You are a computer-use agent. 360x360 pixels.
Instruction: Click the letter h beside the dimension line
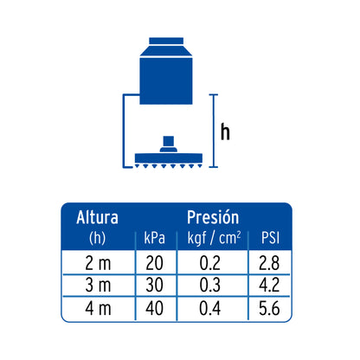coord(225,132)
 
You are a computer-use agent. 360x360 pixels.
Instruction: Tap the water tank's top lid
coord(166,41)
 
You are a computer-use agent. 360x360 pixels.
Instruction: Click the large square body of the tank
coord(166,80)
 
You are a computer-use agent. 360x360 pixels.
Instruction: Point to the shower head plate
coord(169,158)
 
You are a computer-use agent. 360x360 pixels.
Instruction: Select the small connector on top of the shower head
coord(169,144)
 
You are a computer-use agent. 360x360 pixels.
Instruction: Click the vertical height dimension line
coord(214,131)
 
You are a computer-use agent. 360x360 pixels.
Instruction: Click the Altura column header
coord(98,217)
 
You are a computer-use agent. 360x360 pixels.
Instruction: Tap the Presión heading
coord(213,217)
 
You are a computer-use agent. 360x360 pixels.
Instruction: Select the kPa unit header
coord(155,238)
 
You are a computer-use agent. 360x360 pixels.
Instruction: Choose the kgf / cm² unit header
coord(214,238)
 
